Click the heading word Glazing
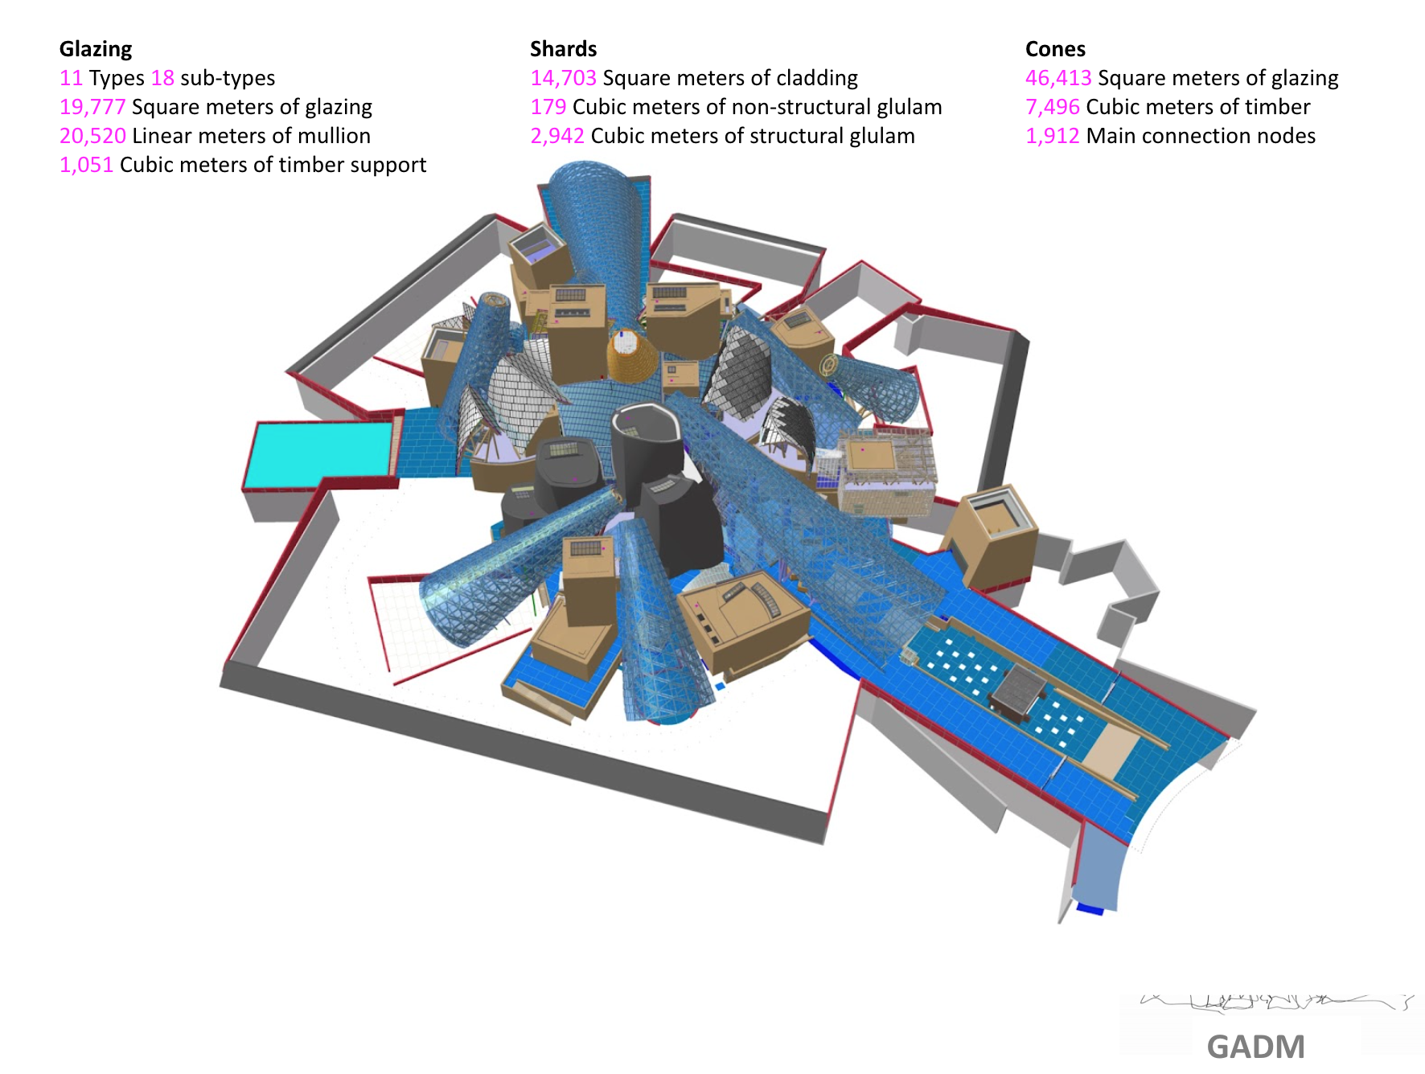[x=96, y=49]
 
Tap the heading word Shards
[x=563, y=49]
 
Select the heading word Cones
[x=1055, y=49]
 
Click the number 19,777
[x=92, y=107]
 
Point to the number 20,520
[x=92, y=136]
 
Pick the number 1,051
[x=86, y=165]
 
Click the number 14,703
[x=563, y=78]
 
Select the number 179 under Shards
[x=548, y=107]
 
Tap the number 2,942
[x=556, y=136]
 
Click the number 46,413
[x=1058, y=78]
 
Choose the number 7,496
[x=1052, y=107]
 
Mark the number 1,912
[x=1052, y=136]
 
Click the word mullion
[x=334, y=136]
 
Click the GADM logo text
[x=1255, y=1047]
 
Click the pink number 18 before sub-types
[x=162, y=78]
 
